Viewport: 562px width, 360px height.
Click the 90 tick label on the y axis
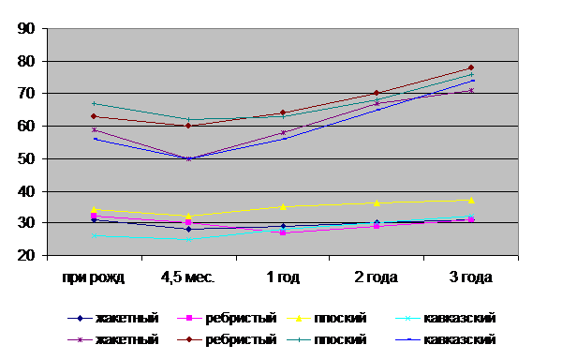pos(26,29)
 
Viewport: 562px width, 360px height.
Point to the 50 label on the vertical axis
pos(26,158)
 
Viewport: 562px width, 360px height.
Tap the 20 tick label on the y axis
pos(26,256)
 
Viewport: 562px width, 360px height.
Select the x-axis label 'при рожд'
pos(94,277)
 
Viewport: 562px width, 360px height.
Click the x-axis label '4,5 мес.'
pos(188,277)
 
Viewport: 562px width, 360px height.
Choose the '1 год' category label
pos(283,277)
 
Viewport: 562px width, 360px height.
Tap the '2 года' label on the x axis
pos(377,277)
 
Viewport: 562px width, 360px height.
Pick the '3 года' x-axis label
pos(471,277)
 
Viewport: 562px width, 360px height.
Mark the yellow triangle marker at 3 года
pos(471,200)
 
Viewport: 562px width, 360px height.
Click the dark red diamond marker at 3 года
pos(471,67)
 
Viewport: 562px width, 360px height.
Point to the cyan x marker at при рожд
pos(94,235)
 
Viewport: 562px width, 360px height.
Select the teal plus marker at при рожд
pos(94,104)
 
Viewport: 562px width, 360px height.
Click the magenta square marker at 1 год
pos(283,232)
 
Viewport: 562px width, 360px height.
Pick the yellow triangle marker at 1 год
pos(283,206)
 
